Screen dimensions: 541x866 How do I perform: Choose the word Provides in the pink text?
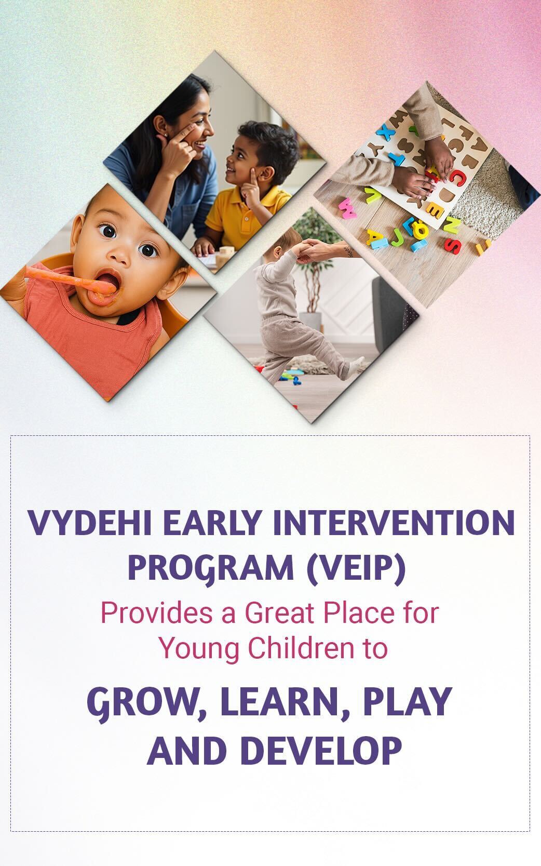point(156,613)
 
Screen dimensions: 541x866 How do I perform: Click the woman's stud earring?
point(166,135)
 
